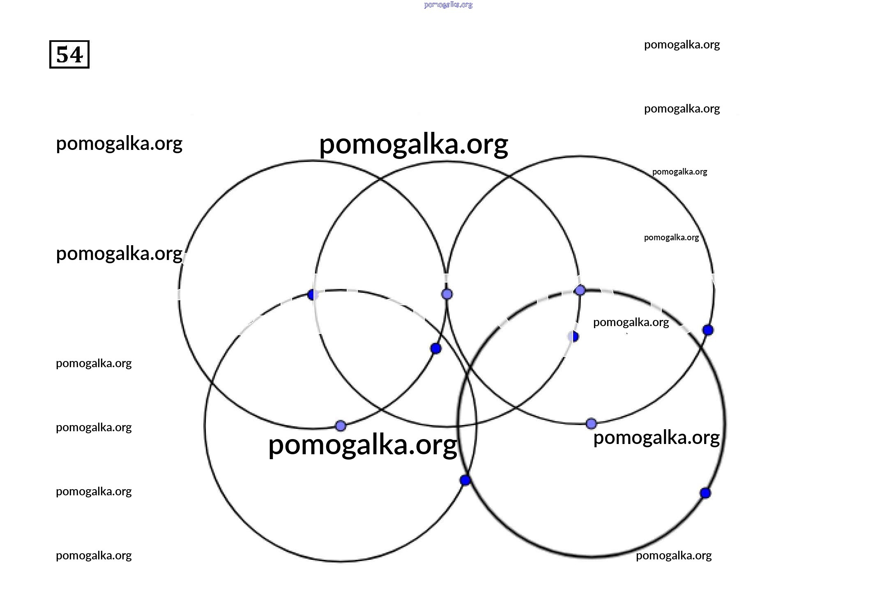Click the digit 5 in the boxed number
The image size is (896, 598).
62,55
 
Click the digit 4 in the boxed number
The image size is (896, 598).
77,55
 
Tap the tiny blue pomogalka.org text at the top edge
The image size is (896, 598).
448,5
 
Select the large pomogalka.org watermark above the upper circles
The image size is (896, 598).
413,145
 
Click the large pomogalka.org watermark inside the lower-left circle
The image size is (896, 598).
362,445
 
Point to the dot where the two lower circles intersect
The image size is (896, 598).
465,480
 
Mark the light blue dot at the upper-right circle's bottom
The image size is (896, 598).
591,423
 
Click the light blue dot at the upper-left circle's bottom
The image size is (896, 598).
341,426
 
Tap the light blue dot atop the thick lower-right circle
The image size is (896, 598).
580,290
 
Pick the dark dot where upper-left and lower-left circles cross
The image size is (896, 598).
313,295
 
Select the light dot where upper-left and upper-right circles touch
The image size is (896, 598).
447,294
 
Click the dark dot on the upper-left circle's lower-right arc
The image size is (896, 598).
436,349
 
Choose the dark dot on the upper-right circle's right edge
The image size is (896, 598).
708,330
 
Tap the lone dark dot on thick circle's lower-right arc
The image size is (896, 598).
705,493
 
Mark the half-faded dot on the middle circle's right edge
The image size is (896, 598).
574,337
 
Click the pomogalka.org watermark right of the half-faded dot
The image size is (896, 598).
631,322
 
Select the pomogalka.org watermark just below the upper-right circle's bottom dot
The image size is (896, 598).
656,438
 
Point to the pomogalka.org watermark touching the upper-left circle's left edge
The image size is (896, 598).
119,254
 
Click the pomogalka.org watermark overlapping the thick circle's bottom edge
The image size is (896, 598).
674,556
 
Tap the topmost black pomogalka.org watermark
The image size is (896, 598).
682,45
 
